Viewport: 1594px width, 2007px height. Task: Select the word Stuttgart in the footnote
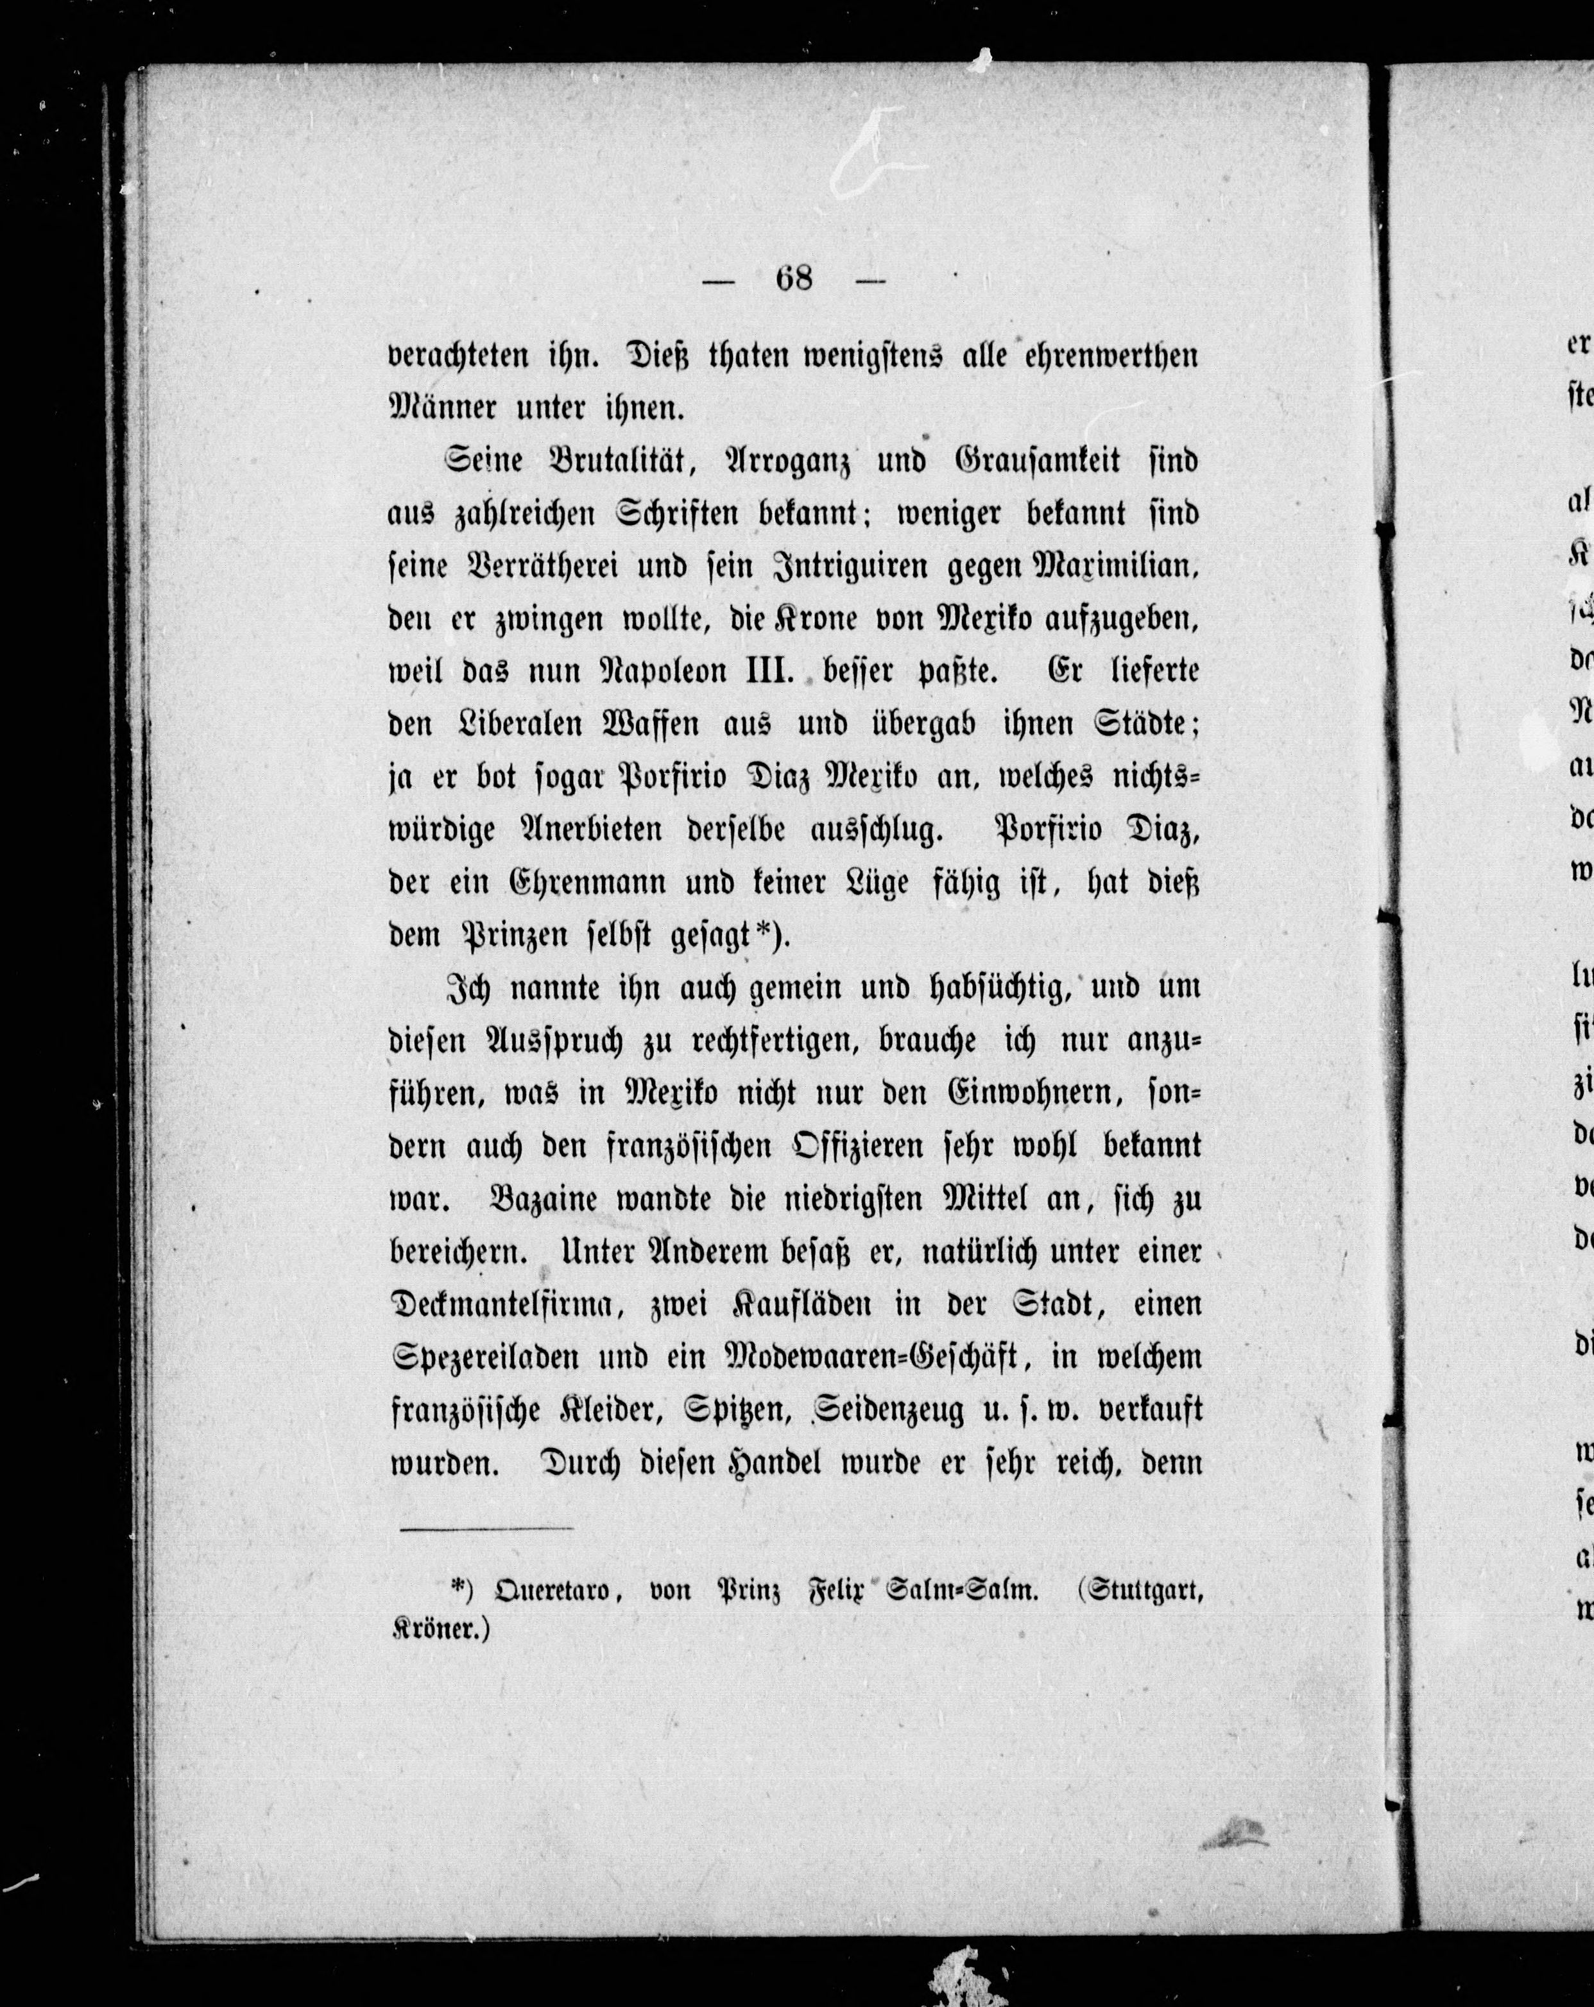click(x=1137, y=1593)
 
